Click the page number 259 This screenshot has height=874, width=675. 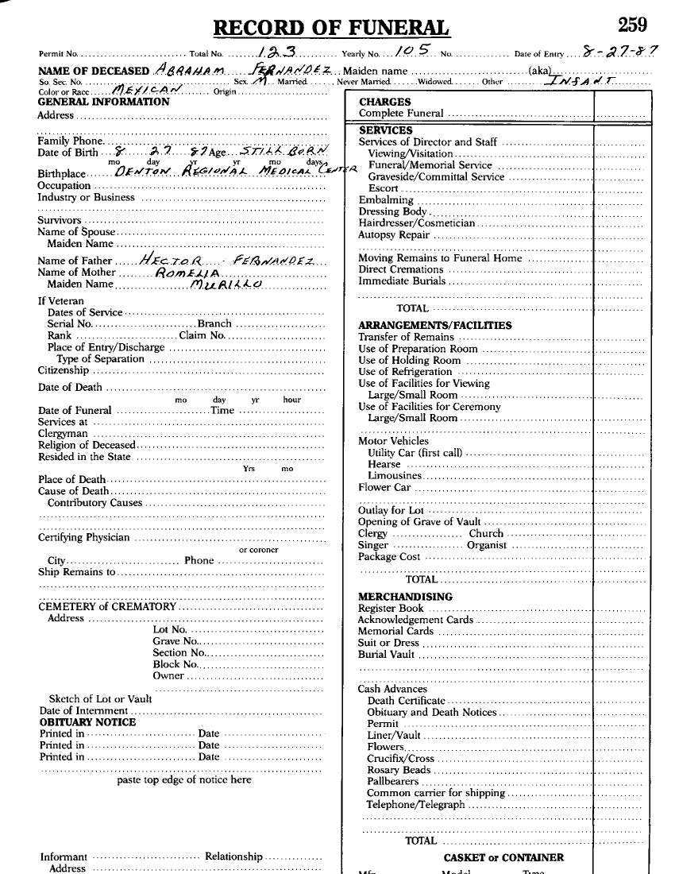632,25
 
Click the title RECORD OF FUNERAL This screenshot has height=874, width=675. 332,29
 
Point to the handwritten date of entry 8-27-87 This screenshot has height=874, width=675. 619,52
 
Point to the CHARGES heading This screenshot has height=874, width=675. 385,102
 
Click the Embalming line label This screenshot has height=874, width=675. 386,200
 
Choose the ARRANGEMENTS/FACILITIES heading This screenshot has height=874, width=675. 434,325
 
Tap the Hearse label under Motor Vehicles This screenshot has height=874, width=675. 384,464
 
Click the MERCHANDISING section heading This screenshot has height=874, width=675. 405,597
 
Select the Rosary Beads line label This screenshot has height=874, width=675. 399,770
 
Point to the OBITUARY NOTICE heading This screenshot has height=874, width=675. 87,722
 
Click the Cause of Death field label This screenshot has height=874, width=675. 73,491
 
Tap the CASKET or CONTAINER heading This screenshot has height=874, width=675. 503,857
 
